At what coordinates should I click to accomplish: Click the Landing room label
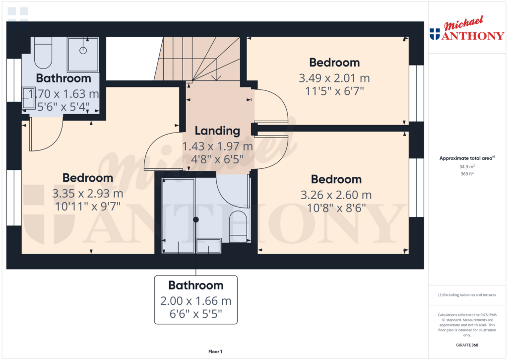click(217, 131)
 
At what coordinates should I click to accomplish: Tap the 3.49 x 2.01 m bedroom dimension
click(334, 78)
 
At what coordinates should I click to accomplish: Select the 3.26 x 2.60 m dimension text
click(336, 195)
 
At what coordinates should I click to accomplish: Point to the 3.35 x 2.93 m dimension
click(88, 194)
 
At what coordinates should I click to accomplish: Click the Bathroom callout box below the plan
click(195, 300)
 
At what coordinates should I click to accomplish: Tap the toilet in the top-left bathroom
click(43, 53)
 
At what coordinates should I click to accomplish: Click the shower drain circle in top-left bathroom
click(83, 50)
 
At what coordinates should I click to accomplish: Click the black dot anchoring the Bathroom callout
click(195, 219)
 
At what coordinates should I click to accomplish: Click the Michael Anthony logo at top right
click(467, 28)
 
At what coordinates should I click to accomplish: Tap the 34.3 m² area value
click(467, 167)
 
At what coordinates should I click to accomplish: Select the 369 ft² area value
click(467, 174)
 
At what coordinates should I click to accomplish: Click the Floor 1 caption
click(215, 352)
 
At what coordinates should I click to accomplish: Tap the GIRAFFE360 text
click(467, 345)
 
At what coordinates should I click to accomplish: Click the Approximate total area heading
click(467, 158)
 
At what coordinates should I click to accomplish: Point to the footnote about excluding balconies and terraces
click(467, 295)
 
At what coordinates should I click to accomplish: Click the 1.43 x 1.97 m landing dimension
click(217, 146)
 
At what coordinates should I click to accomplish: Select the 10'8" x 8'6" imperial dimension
click(336, 208)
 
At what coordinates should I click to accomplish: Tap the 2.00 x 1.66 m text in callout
click(195, 301)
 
